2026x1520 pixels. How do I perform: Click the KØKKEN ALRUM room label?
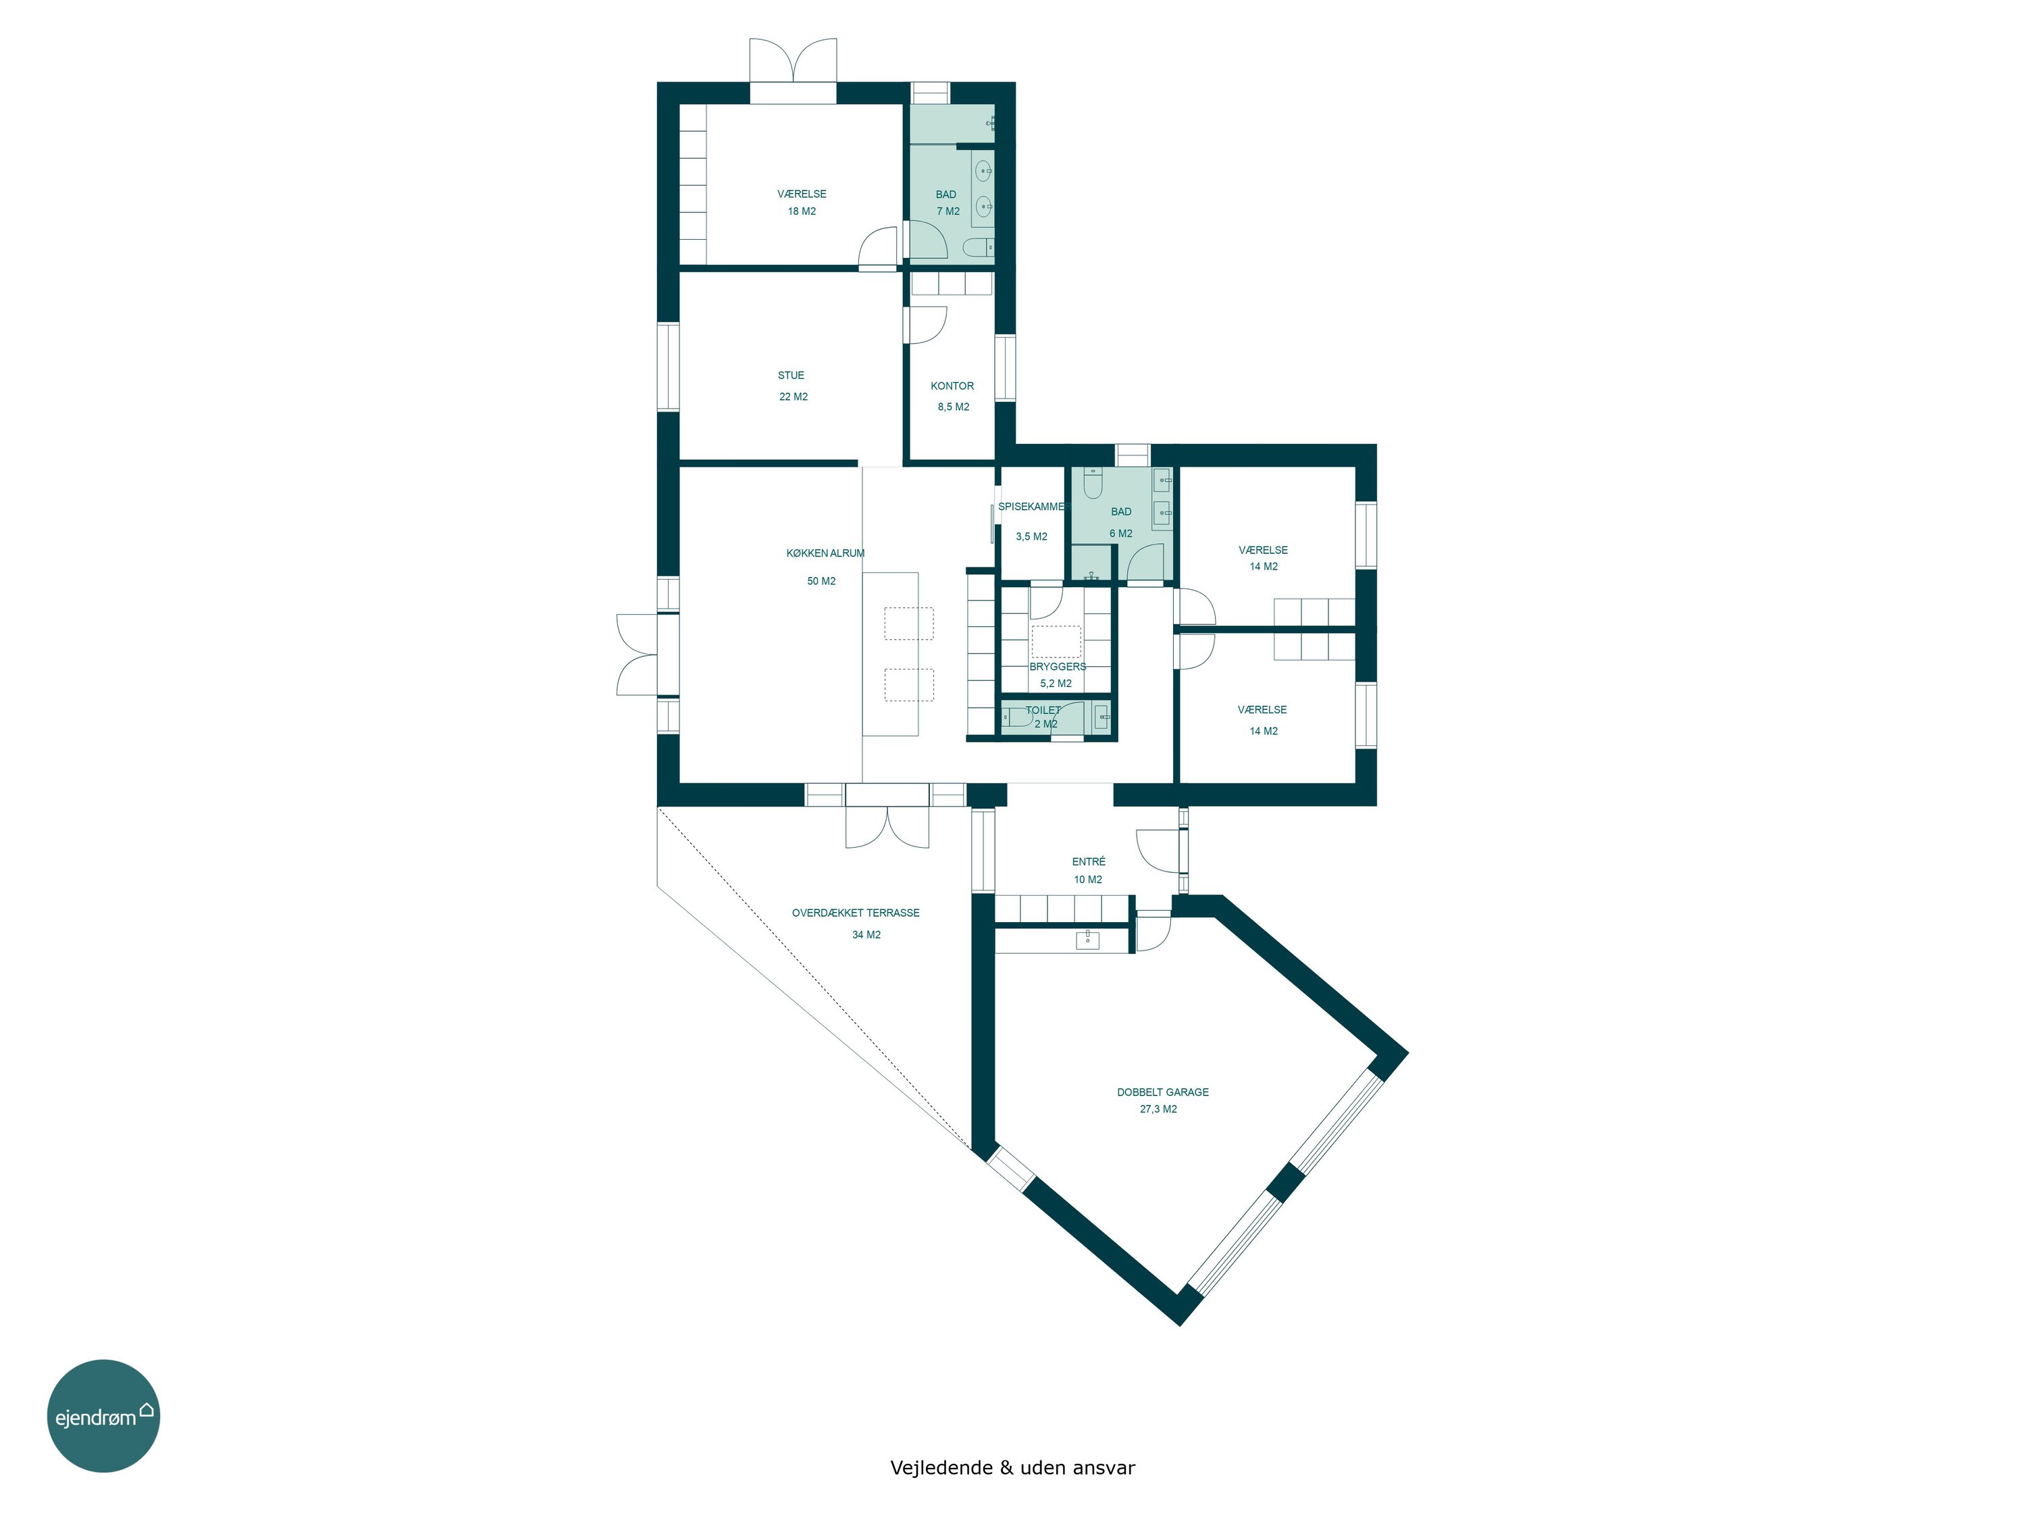[x=825, y=553]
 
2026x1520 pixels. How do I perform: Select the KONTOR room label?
[x=952, y=386]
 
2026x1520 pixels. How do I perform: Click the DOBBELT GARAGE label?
[x=1162, y=1092]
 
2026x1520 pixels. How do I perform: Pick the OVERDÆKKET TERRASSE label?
[x=856, y=913]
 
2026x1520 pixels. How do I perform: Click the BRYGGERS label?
[x=1057, y=667]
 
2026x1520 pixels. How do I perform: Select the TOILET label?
[x=1043, y=710]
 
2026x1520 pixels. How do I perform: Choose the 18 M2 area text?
[x=802, y=211]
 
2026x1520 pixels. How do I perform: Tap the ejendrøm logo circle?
[x=103, y=1415]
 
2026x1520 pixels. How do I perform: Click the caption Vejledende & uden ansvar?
[x=1012, y=1468]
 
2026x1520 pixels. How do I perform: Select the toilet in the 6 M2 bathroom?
[x=1093, y=483]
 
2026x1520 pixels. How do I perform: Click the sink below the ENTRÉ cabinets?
[x=1087, y=939]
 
